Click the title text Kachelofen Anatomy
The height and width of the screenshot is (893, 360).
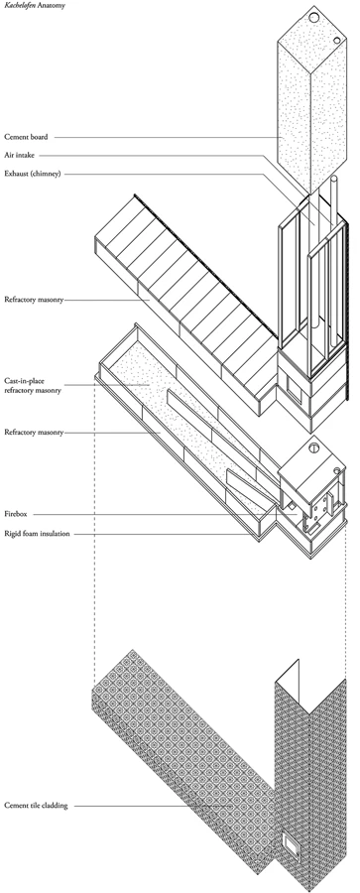pyautogui.click(x=35, y=5)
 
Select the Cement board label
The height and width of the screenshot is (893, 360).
pyautogui.click(x=26, y=137)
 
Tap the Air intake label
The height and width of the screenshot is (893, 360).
pyautogui.click(x=20, y=155)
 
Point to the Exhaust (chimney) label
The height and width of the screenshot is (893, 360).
pyautogui.click(x=33, y=173)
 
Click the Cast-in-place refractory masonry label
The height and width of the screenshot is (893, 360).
pyautogui.click(x=33, y=386)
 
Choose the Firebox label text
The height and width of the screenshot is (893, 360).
pyautogui.click(x=15, y=514)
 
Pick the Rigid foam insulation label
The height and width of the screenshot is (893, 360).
pyautogui.click(x=37, y=534)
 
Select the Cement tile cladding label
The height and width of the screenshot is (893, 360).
pyautogui.click(x=36, y=806)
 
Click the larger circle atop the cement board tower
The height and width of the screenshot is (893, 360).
pyautogui.click(x=314, y=18)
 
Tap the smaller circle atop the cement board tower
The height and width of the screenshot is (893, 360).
pyautogui.click(x=337, y=41)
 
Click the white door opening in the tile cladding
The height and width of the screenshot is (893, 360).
pyautogui.click(x=292, y=844)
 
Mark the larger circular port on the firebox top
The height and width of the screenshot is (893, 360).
pyautogui.click(x=313, y=447)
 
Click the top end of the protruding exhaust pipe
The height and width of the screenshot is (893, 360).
pyautogui.click(x=334, y=178)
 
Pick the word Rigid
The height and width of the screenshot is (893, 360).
pyautogui.click(x=12, y=534)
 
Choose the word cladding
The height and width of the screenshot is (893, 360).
pyautogui.click(x=56, y=806)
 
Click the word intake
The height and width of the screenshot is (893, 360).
pyautogui.click(x=25, y=155)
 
